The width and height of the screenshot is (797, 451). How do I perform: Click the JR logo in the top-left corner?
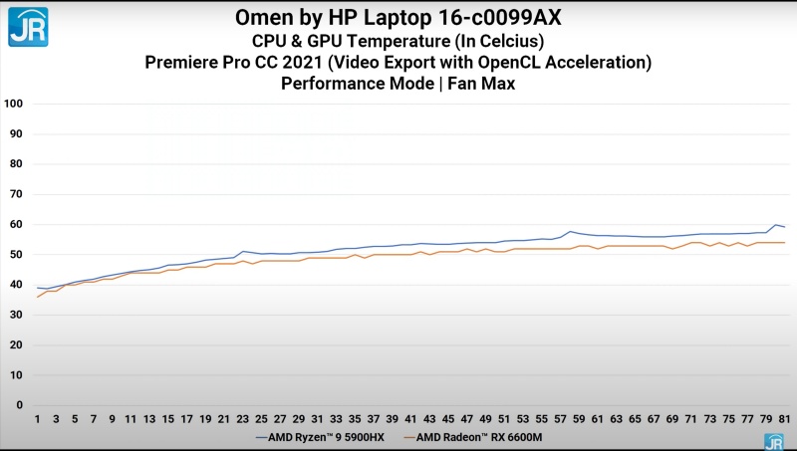(x=28, y=26)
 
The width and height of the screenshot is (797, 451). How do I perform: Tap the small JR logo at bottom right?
(x=773, y=441)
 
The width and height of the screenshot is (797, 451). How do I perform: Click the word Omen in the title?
(x=265, y=17)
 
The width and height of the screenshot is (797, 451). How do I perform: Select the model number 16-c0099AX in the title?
(x=472, y=17)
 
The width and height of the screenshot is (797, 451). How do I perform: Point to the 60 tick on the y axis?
(x=16, y=224)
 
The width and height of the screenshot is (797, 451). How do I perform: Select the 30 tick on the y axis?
(x=16, y=315)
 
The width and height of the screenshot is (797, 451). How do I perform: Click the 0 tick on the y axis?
(x=19, y=405)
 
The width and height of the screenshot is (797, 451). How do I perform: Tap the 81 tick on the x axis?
(x=784, y=419)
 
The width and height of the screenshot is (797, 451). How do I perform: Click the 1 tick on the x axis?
(x=38, y=419)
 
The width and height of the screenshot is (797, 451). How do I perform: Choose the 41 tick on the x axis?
(x=411, y=419)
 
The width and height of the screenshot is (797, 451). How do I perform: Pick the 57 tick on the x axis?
(x=560, y=419)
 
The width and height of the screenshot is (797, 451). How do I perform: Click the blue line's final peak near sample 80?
(x=775, y=225)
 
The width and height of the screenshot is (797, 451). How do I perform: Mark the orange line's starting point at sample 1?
(x=38, y=297)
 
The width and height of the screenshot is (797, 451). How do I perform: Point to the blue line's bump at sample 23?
(x=243, y=252)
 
